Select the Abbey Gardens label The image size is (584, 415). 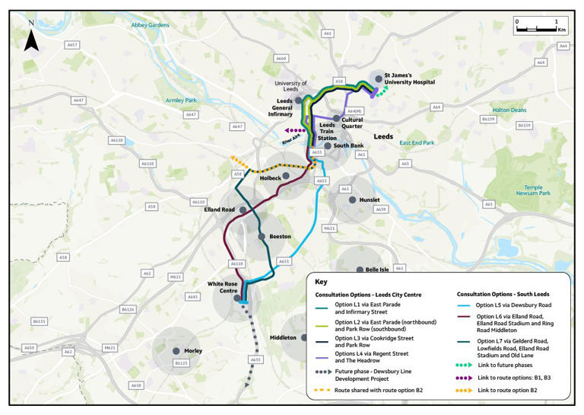(150, 24)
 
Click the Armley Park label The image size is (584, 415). (181, 101)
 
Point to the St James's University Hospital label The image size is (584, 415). (409, 78)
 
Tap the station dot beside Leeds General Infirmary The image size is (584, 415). (299, 100)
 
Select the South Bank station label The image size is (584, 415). (349, 145)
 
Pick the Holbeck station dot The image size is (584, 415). (286, 176)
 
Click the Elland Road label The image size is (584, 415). (219, 209)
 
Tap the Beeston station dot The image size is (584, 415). (262, 237)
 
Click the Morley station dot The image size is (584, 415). (176, 351)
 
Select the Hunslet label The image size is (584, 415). (369, 200)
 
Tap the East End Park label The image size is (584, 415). (417, 142)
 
